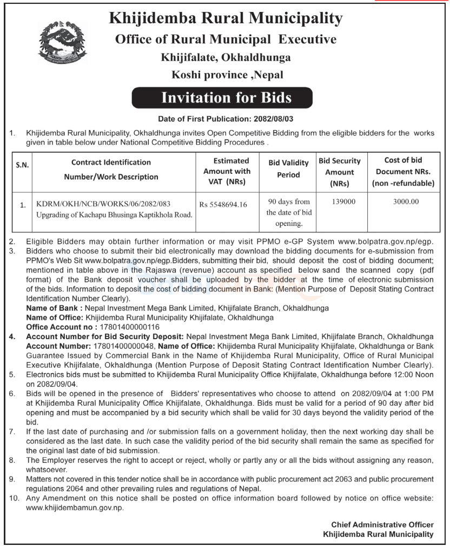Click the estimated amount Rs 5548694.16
tap(222, 205)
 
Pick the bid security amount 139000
tap(340, 201)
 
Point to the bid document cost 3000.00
tap(402, 201)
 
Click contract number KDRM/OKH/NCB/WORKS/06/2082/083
tap(103, 204)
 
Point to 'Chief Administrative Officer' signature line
tap(382, 525)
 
